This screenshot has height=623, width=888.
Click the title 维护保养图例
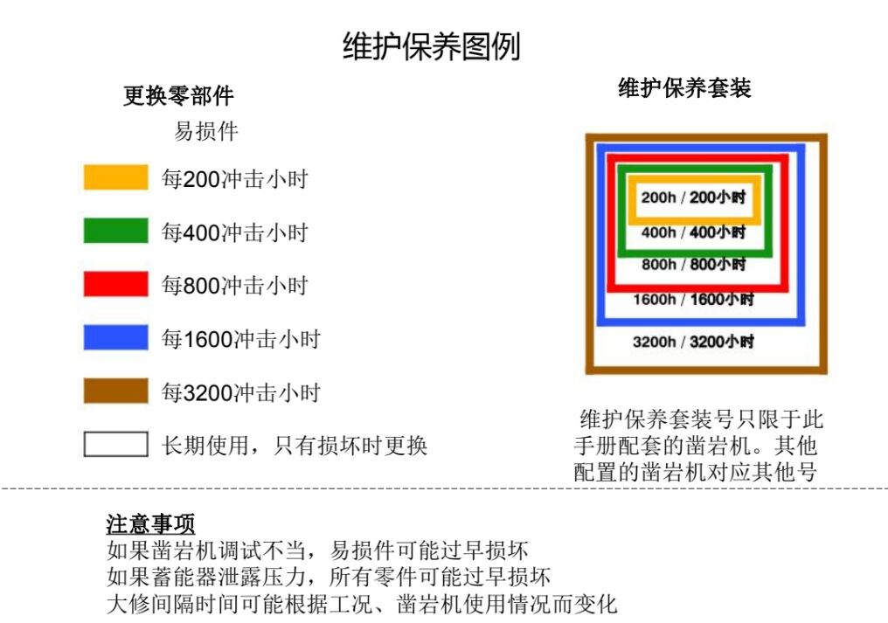[x=431, y=46]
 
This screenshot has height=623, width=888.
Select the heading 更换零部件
[x=178, y=95]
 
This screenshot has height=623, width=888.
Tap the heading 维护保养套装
[x=684, y=88]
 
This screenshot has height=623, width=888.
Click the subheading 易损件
[x=206, y=132]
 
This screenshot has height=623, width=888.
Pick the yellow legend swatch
[x=115, y=177]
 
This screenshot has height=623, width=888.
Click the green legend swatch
[x=115, y=231]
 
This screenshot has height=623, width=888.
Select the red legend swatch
[x=115, y=284]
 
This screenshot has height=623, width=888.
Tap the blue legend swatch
[x=115, y=337]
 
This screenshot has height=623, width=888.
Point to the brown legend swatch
[x=115, y=391]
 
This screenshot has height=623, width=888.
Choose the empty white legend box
[x=115, y=444]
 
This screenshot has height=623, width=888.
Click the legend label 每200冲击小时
[x=235, y=179]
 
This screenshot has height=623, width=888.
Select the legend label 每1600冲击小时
[x=241, y=338]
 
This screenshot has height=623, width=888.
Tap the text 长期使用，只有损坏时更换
[x=295, y=446]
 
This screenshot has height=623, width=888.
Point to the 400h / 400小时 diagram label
[x=693, y=232]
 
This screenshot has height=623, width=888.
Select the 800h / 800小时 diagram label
[x=693, y=264]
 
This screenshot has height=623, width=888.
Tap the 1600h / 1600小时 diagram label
[x=693, y=300]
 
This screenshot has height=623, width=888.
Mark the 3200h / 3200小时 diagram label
[x=693, y=342]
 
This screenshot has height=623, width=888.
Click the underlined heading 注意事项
[x=150, y=524]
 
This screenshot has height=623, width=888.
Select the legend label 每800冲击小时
[x=235, y=286]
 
